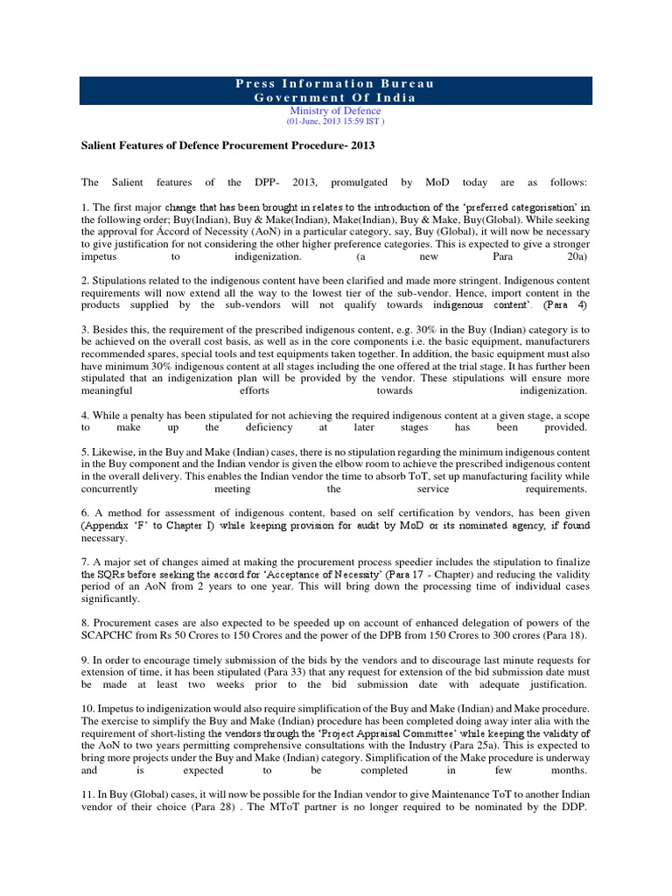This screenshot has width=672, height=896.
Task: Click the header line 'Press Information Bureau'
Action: pos(335,84)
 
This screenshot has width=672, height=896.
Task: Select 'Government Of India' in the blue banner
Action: pos(335,98)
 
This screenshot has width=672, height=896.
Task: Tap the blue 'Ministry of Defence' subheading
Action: pos(335,112)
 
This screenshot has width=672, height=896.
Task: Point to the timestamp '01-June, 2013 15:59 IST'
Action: pos(335,122)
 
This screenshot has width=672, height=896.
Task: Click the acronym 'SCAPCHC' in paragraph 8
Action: pos(113,633)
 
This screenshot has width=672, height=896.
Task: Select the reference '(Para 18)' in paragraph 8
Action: pos(563,633)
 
